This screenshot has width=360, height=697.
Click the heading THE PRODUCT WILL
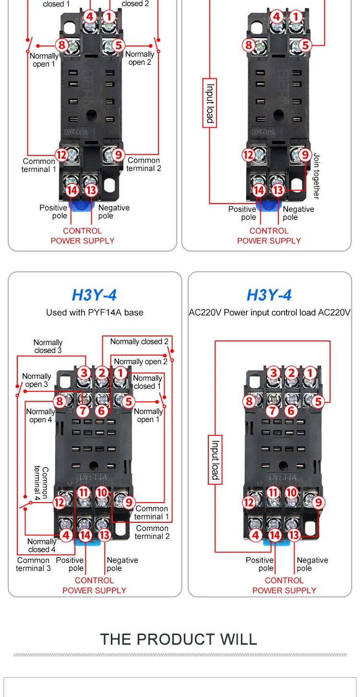tap(179, 639)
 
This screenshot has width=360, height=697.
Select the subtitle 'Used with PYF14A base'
tap(95, 312)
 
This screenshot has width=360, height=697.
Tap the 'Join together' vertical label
tap(316, 176)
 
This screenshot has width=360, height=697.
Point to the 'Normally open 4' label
tap(40, 416)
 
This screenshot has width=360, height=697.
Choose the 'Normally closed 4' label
tap(41, 545)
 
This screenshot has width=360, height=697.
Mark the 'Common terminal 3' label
tap(33, 565)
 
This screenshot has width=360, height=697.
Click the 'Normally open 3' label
tap(36, 380)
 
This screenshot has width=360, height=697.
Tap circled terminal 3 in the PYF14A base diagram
tap(84, 373)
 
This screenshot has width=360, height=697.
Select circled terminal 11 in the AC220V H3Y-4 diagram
tap(274, 493)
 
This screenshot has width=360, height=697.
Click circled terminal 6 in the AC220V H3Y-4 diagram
tap(291, 410)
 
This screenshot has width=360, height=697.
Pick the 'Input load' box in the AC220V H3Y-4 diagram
tap(216, 460)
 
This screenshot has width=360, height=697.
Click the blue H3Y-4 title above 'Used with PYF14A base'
tap(94, 295)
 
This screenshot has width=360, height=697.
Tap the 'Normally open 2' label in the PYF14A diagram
tap(141, 361)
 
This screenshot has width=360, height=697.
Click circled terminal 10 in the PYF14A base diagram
tap(101, 493)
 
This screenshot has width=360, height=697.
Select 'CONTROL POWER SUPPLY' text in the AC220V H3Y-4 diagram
tap(284, 585)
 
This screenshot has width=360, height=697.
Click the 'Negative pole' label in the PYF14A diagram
tap(122, 565)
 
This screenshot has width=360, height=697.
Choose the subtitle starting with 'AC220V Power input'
tap(270, 312)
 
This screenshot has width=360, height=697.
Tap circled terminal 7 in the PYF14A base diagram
tap(83, 410)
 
